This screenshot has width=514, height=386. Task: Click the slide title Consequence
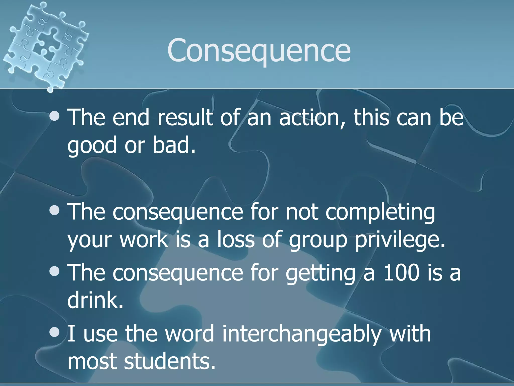click(259, 50)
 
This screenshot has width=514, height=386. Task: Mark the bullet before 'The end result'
click(54, 116)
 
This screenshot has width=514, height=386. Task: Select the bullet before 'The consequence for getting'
click(54, 271)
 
